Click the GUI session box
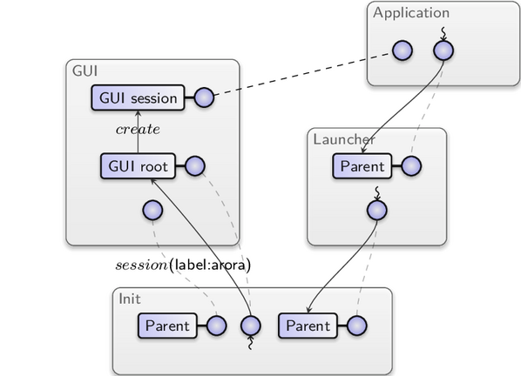(138, 97)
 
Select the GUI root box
(138, 166)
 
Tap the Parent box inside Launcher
(362, 166)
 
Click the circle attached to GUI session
(204, 97)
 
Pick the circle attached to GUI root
(194, 166)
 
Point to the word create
(138, 129)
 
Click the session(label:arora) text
(183, 265)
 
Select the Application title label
(411, 13)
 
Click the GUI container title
(85, 71)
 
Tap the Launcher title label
(344, 139)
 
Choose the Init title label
(130, 299)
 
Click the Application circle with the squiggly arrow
(443, 50)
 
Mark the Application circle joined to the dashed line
(403, 50)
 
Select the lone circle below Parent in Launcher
(377, 211)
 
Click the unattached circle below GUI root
(152, 211)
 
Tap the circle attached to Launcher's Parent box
(411, 166)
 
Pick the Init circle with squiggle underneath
(251, 326)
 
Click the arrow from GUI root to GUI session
(138, 132)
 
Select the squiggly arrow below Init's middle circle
(250, 342)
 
